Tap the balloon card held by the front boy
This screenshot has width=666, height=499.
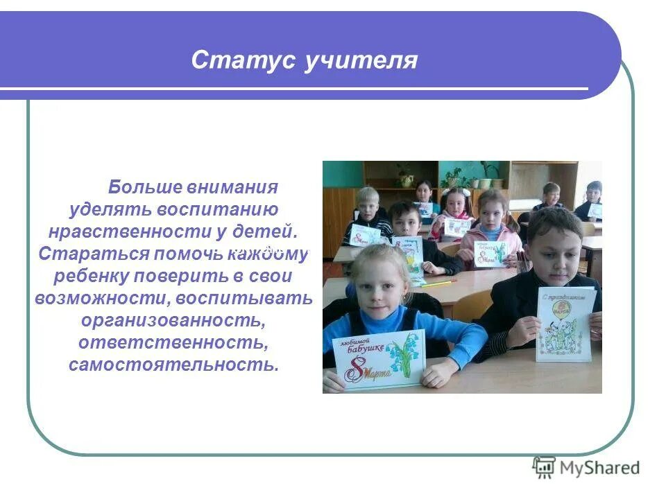(x=565, y=323)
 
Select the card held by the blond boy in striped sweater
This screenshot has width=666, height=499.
(x=365, y=234)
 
